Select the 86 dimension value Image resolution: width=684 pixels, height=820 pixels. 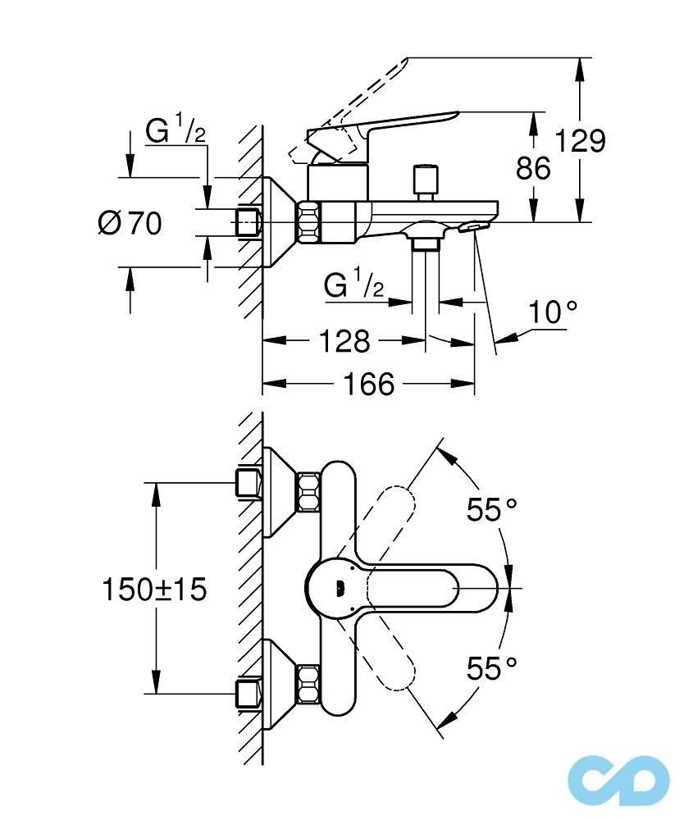tap(533, 168)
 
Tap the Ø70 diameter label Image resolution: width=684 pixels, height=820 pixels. tap(130, 222)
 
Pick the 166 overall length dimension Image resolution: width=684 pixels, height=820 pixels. tap(369, 383)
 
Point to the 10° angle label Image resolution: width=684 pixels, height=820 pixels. tap(552, 312)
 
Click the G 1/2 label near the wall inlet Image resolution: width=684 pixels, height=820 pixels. tap(175, 131)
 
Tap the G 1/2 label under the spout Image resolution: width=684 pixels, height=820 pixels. tap(353, 285)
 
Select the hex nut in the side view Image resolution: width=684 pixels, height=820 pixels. tap(309, 221)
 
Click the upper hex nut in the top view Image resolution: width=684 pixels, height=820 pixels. tap(309, 492)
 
